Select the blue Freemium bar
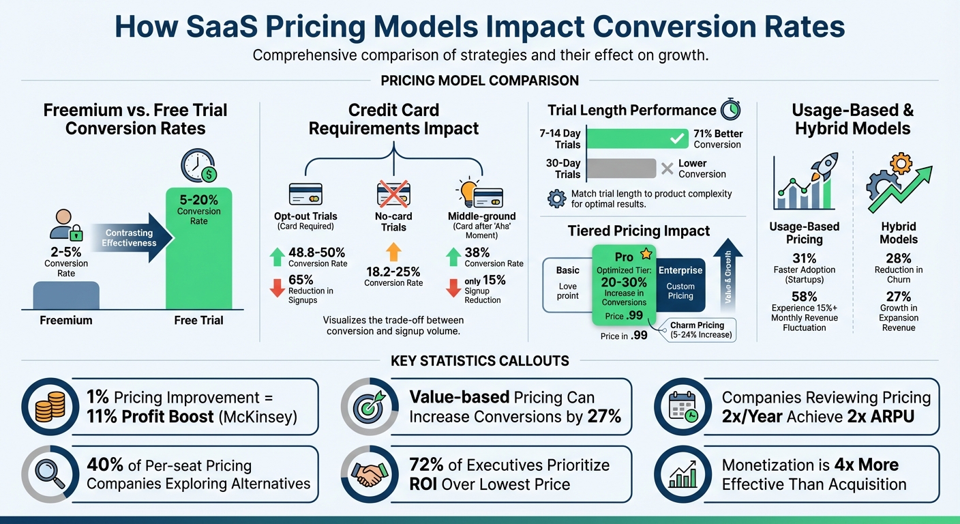pos(66,295)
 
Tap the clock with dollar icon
pos(198,166)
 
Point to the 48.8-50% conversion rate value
pos(317,252)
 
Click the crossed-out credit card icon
pos(393,194)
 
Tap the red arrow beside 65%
pos(277,288)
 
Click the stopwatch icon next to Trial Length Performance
pos(730,111)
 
